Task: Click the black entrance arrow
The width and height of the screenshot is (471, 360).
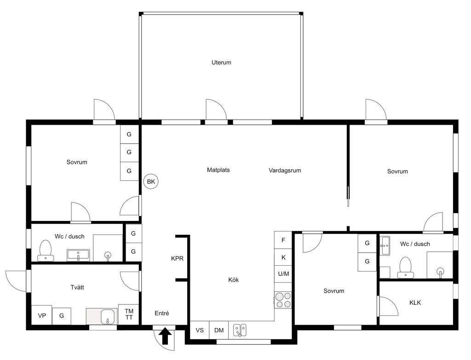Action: [x=165, y=336]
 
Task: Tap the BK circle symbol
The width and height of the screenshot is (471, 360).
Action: [x=151, y=182]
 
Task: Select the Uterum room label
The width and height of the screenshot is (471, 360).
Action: [x=221, y=63]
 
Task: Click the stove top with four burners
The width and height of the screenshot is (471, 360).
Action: [x=283, y=300]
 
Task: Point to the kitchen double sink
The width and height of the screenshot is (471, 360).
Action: [x=240, y=330]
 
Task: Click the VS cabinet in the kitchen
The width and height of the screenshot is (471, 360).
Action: [x=200, y=330]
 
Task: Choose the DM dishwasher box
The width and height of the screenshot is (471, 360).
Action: [x=219, y=330]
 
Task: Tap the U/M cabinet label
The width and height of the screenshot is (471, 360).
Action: [x=283, y=274]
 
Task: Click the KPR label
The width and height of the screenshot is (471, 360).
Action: [x=177, y=258]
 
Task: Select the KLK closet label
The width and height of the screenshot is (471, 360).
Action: [x=415, y=302]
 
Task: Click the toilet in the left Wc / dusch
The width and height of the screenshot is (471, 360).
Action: [x=46, y=250]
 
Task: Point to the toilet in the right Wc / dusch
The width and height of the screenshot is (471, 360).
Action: [x=406, y=267]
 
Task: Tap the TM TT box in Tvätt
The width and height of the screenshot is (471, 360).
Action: [x=129, y=314]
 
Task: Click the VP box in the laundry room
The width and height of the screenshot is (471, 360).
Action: [x=42, y=315]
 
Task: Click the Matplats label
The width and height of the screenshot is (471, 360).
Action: [x=218, y=170]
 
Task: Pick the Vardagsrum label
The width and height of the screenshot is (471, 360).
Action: [x=285, y=170]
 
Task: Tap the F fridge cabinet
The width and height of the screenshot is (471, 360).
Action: [x=283, y=240]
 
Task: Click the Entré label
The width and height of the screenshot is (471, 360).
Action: [x=161, y=313]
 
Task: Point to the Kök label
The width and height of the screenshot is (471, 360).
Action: [x=233, y=280]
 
